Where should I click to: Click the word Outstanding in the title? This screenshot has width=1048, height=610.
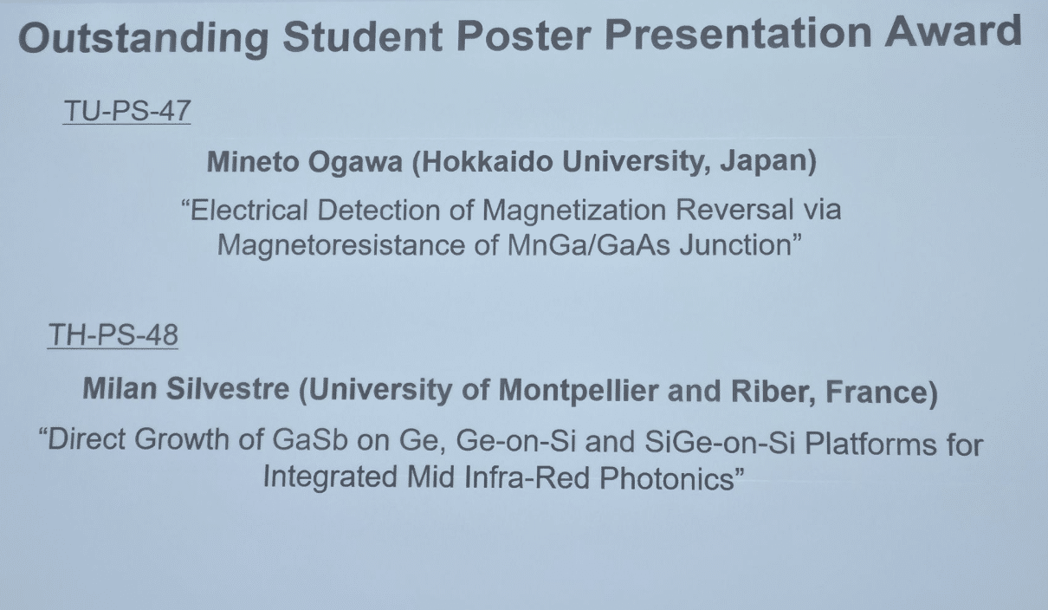[144, 38]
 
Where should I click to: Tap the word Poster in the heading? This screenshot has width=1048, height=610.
[523, 36]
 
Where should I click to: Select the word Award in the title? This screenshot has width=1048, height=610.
[952, 31]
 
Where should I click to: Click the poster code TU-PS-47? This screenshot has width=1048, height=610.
[126, 111]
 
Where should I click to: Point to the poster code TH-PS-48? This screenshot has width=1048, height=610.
[113, 334]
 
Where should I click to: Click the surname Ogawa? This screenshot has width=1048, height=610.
[355, 162]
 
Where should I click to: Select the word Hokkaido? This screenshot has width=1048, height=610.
[482, 162]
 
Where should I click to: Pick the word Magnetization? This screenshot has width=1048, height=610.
[574, 210]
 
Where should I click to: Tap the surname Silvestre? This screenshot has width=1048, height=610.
[228, 388]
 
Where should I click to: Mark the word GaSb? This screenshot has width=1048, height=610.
[310, 440]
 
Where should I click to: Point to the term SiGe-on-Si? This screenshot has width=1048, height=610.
[720, 442]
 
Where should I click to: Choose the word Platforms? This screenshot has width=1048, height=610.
[870, 443]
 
